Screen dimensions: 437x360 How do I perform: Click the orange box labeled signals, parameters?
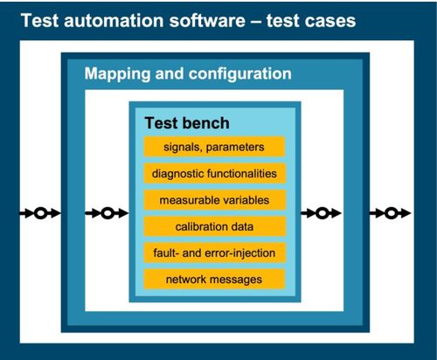[214, 147]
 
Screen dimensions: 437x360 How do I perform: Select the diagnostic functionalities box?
[214, 173]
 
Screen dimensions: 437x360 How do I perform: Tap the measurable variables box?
[214, 200]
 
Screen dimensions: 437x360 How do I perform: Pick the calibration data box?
[214, 226]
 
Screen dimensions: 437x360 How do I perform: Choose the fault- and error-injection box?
[214, 253]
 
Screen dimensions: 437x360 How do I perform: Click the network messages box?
[214, 280]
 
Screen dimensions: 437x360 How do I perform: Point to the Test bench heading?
[187, 123]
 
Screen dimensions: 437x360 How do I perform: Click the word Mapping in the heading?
[118, 74]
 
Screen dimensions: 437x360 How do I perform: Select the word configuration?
[240, 74]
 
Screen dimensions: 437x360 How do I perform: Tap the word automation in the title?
[114, 21]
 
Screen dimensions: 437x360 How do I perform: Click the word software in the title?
[207, 21]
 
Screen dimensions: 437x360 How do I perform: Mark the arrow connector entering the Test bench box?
[107, 213]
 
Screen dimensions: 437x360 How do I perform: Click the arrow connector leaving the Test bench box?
[321, 213]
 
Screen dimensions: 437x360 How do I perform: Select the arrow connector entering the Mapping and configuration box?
[40, 213]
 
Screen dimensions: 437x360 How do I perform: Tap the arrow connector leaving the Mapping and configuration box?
[391, 213]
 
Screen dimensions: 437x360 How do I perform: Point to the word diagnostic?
[177, 174]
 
